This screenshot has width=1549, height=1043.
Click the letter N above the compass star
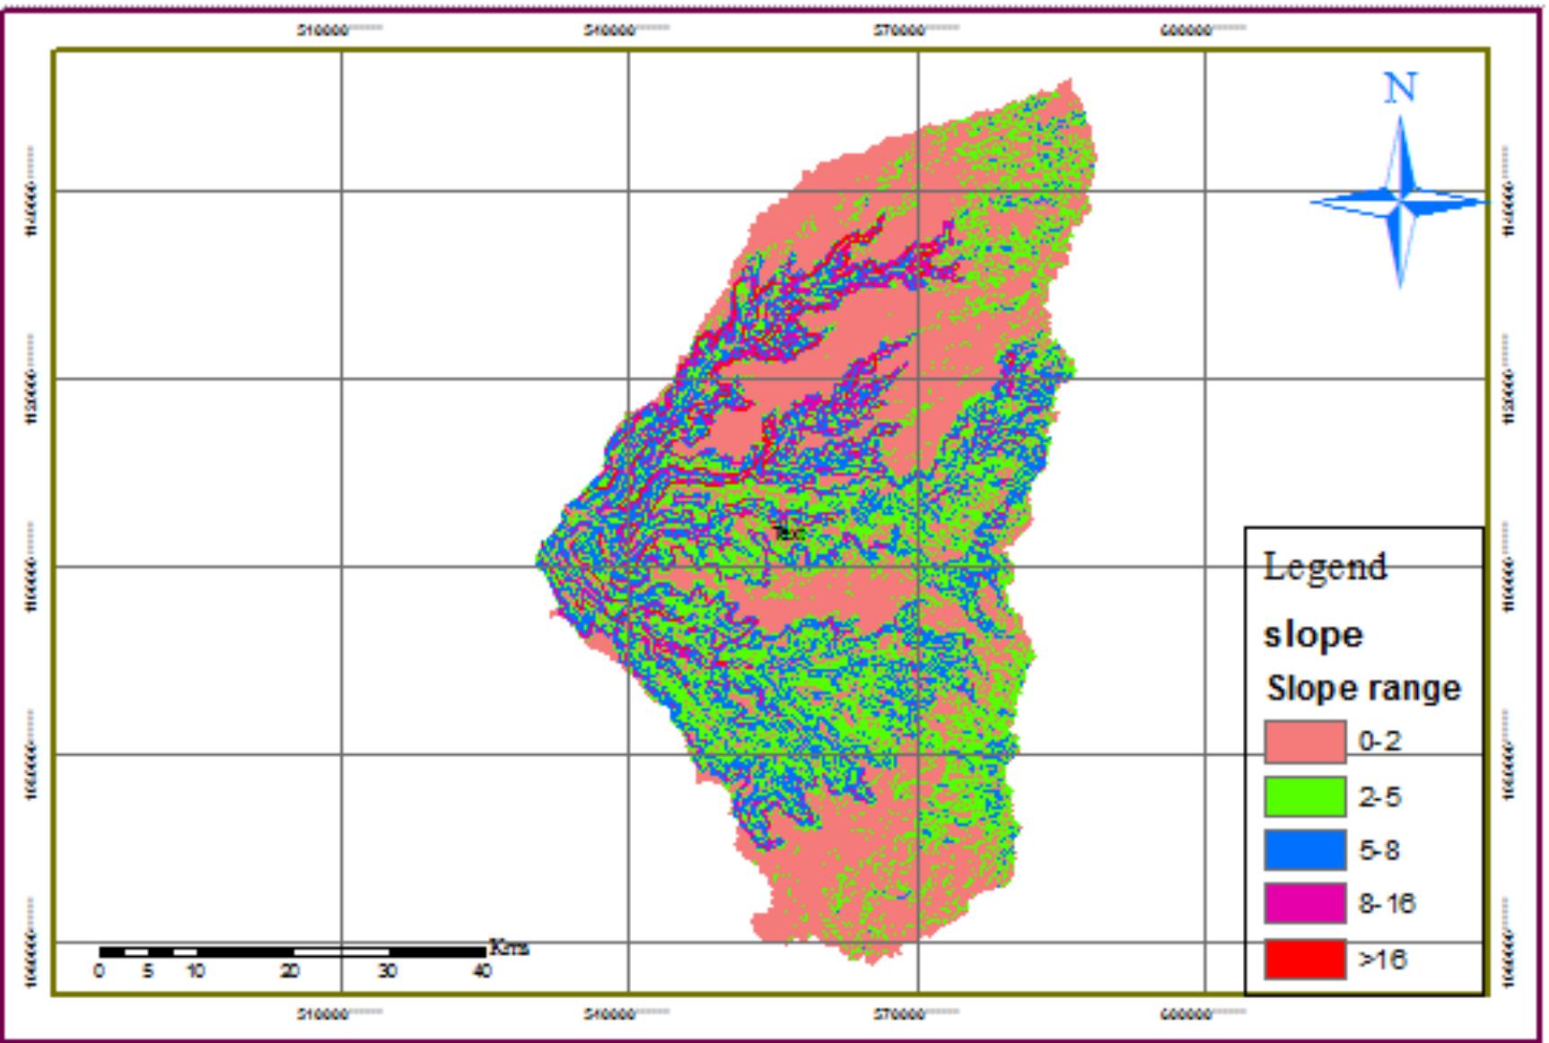pyautogui.click(x=1401, y=89)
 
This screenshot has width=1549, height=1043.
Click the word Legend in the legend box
pyautogui.click(x=1325, y=567)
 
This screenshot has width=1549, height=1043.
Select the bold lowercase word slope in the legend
pyautogui.click(x=1314, y=635)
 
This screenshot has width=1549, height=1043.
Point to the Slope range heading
pyautogui.click(x=1363, y=689)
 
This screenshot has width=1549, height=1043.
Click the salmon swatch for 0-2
pyautogui.click(x=1305, y=742)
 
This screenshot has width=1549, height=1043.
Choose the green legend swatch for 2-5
pyautogui.click(x=1305, y=796)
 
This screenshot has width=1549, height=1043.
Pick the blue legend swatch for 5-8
pyautogui.click(x=1305, y=850)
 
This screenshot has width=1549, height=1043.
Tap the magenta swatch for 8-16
pyautogui.click(x=1305, y=903)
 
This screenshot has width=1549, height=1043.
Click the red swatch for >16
pyautogui.click(x=1305, y=959)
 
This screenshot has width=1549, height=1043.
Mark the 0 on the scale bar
pyautogui.click(x=99, y=971)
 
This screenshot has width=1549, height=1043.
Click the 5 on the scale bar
pyautogui.click(x=148, y=971)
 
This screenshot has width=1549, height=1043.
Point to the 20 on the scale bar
pyautogui.click(x=289, y=971)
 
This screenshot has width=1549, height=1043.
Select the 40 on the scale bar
pyautogui.click(x=482, y=971)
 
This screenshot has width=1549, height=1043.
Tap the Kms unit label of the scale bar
pyautogui.click(x=509, y=948)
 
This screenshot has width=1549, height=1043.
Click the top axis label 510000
pyautogui.click(x=323, y=30)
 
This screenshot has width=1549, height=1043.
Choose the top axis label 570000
pyautogui.click(x=899, y=30)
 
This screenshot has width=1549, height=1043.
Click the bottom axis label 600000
pyautogui.click(x=1186, y=1014)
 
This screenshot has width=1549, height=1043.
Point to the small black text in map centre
pyautogui.click(x=788, y=533)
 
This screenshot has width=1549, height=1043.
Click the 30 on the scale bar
pyautogui.click(x=387, y=971)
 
